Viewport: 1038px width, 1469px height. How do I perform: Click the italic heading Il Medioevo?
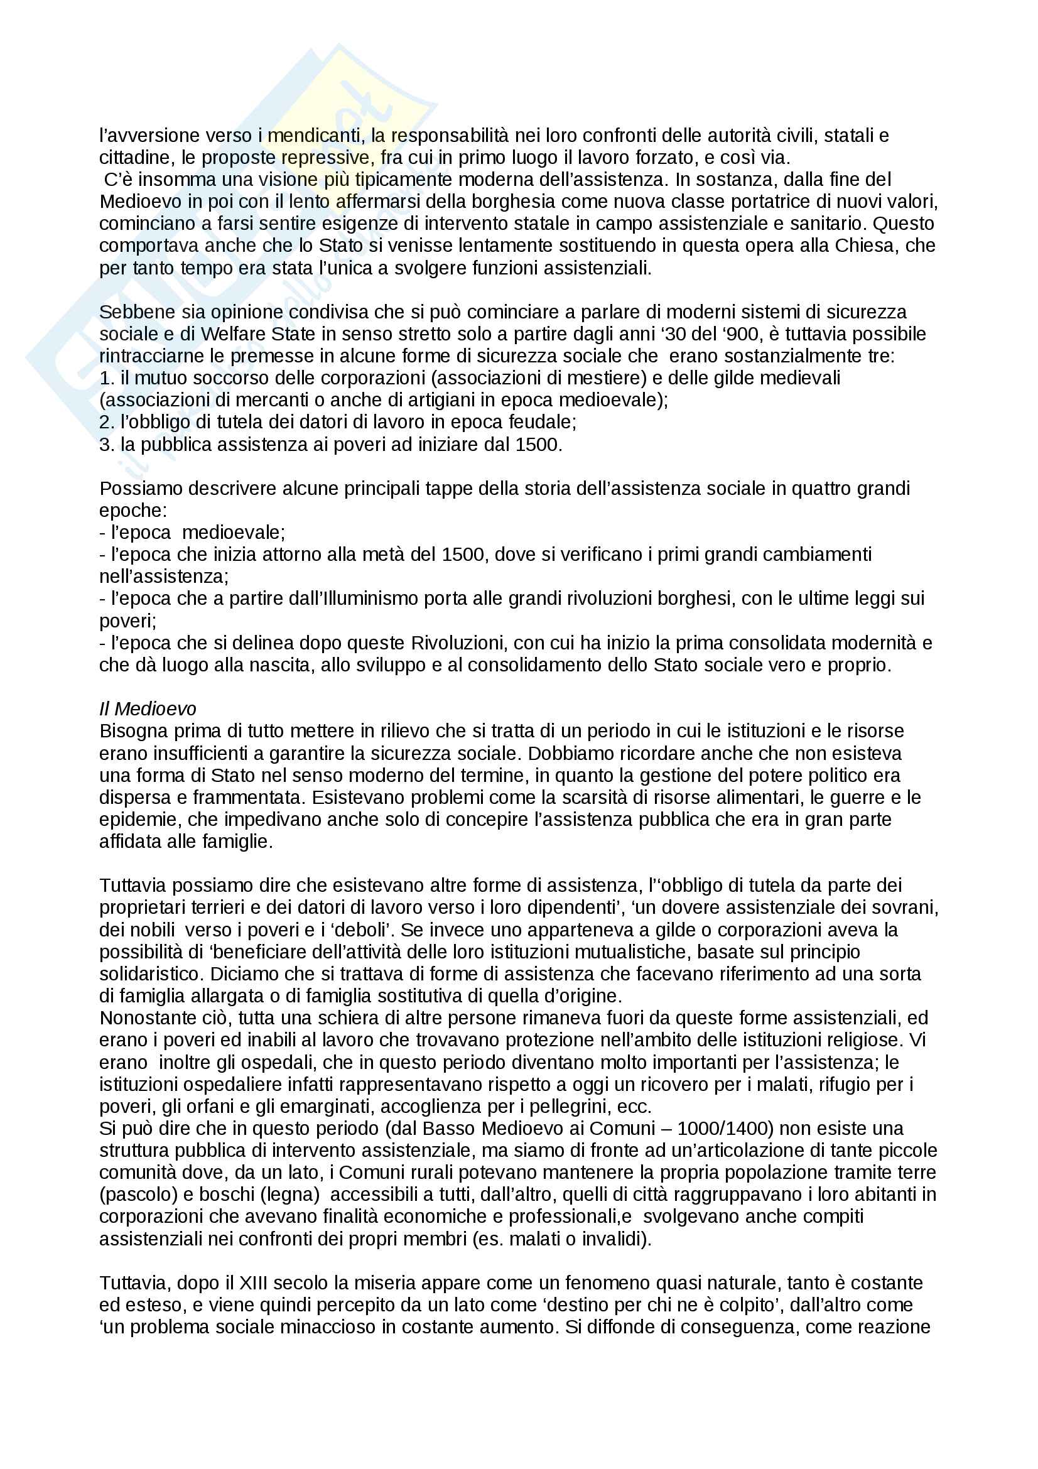[x=147, y=709]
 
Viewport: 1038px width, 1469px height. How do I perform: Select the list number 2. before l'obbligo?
[x=106, y=422]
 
